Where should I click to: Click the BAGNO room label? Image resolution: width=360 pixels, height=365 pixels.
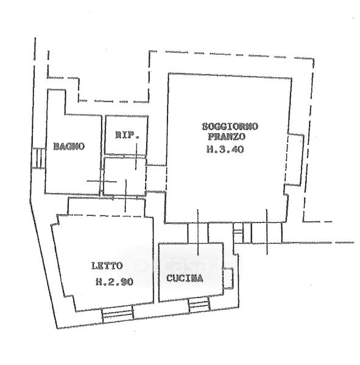(x=69, y=147)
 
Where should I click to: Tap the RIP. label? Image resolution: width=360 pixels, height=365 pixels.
(x=127, y=135)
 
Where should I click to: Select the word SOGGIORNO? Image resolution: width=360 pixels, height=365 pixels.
(x=230, y=127)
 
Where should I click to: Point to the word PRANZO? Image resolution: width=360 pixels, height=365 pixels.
(x=227, y=137)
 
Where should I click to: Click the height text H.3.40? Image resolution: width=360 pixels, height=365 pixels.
(x=225, y=149)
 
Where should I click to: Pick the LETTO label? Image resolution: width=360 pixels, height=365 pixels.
(x=107, y=266)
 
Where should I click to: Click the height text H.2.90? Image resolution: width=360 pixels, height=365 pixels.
(x=115, y=282)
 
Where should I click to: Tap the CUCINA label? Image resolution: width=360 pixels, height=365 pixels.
(x=185, y=278)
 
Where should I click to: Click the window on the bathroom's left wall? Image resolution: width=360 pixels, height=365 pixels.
(x=38, y=158)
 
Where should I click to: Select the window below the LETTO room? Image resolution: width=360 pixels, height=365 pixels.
(x=118, y=315)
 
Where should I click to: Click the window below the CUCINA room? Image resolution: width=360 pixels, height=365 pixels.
(x=199, y=305)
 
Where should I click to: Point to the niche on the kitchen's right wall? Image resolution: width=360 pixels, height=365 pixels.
(x=228, y=279)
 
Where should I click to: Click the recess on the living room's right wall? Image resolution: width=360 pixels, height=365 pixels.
(x=294, y=159)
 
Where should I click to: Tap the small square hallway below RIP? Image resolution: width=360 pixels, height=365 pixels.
(x=125, y=176)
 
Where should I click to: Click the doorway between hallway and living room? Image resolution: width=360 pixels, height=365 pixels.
(x=156, y=178)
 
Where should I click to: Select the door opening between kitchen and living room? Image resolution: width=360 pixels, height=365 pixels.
(x=198, y=233)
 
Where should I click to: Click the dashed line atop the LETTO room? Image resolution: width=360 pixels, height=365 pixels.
(x=104, y=215)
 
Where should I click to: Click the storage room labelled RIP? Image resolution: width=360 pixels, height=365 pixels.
(x=126, y=135)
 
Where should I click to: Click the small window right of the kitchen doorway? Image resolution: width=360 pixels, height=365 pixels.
(x=238, y=233)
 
